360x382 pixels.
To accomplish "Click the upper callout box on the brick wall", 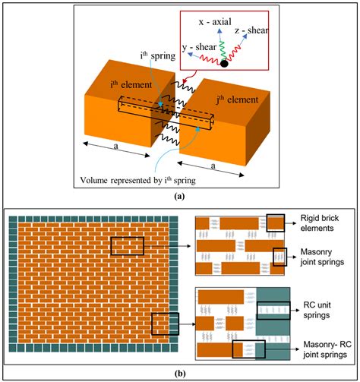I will [x=126, y=245].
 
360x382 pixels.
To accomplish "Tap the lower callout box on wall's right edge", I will [x=164, y=324].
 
